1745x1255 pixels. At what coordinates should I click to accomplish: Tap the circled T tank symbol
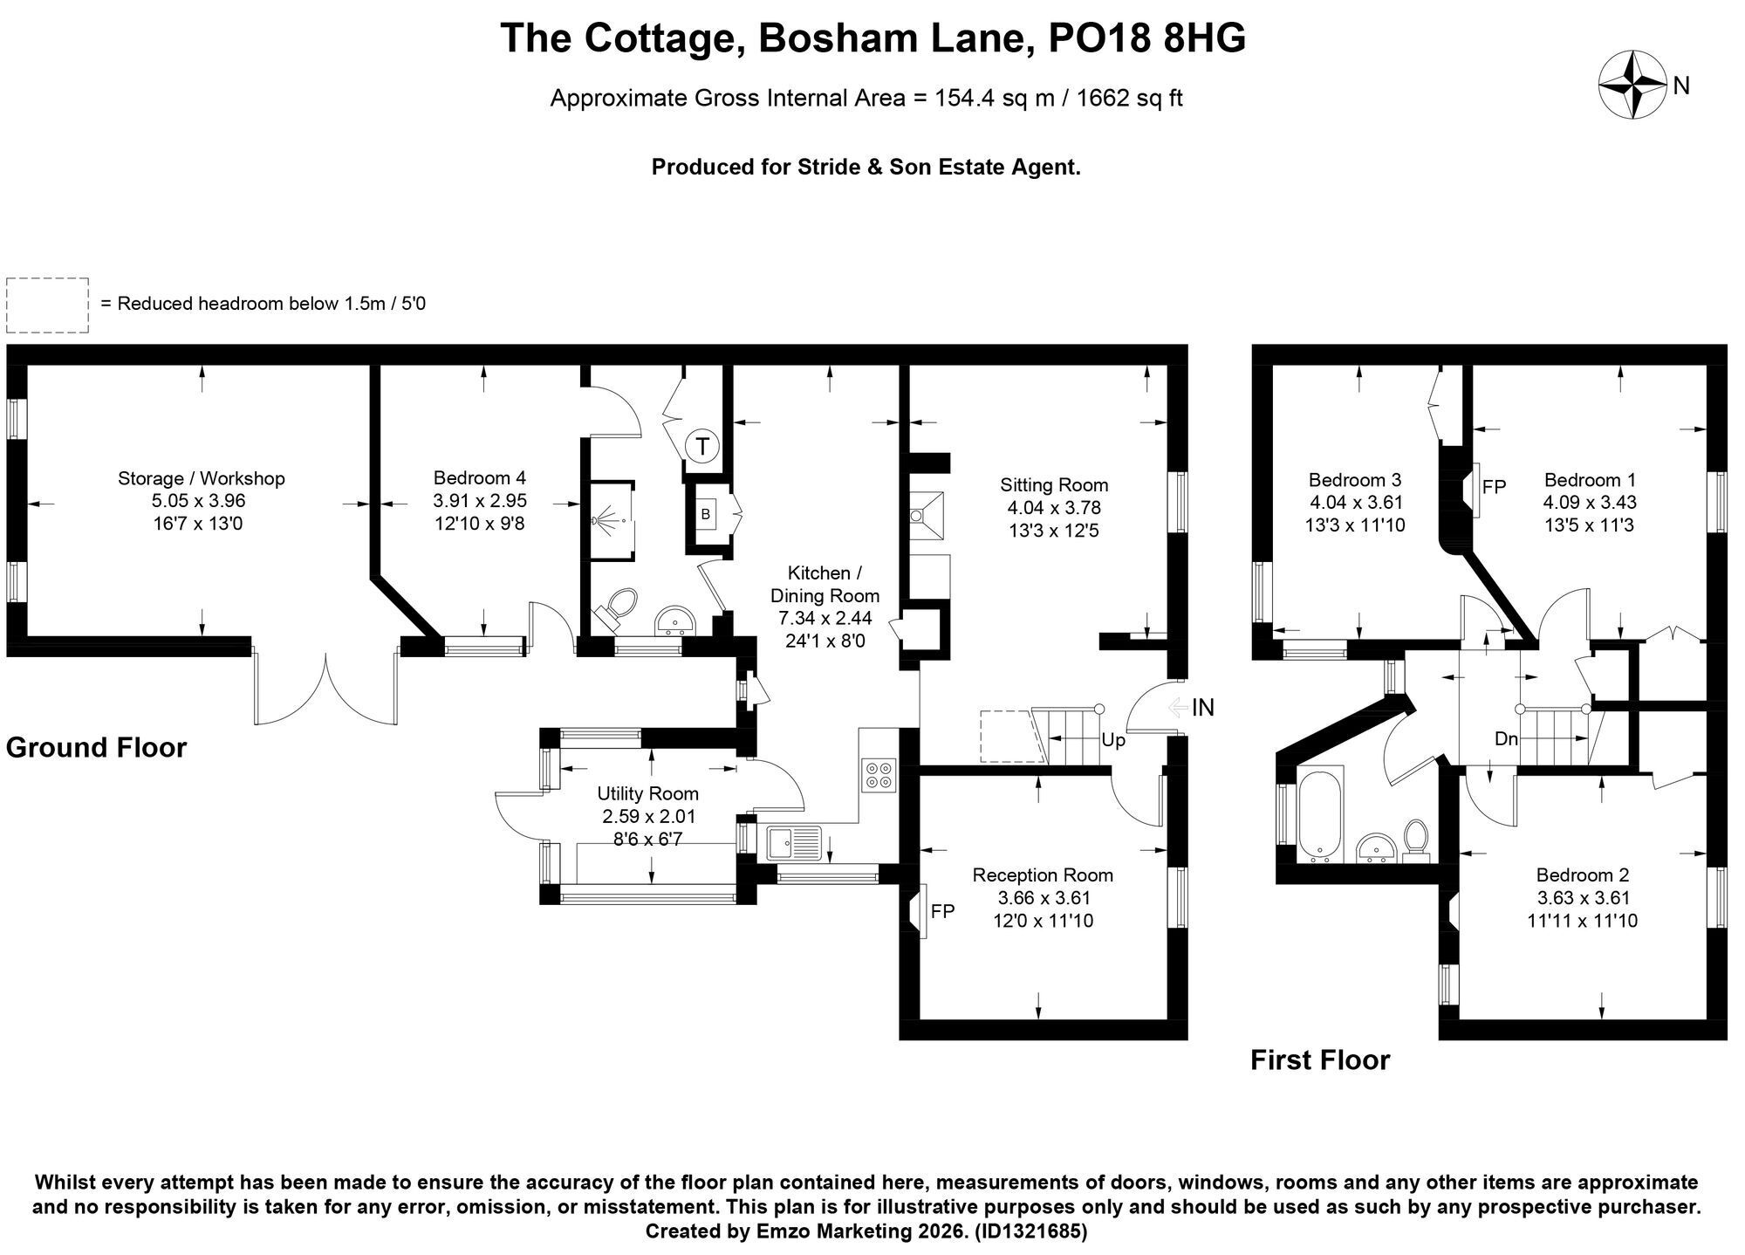coord(702,447)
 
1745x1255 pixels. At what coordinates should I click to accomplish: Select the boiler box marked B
coord(705,515)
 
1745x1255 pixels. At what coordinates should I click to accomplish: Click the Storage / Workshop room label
coord(202,478)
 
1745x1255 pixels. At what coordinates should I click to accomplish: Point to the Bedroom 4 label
coord(480,478)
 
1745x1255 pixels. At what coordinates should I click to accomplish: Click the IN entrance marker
coord(1203,708)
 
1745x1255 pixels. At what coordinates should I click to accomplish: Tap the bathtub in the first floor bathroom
coord(1320,814)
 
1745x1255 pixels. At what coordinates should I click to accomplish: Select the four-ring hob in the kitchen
coord(879,775)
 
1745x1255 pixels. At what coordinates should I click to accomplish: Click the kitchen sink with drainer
coord(795,843)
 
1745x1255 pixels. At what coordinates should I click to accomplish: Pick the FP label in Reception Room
coord(943,911)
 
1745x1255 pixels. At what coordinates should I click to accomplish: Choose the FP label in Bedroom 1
coord(1495,487)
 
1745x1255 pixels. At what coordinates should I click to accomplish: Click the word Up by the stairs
coord(1113,740)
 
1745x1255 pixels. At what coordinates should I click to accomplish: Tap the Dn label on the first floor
coord(1507,739)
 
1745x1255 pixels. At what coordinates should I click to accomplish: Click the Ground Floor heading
coord(97,748)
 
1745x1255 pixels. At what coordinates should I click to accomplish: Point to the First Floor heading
coord(1320,1060)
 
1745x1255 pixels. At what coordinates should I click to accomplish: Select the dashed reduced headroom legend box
coord(48,305)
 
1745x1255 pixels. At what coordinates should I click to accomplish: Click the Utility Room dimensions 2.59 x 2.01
coord(648,817)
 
